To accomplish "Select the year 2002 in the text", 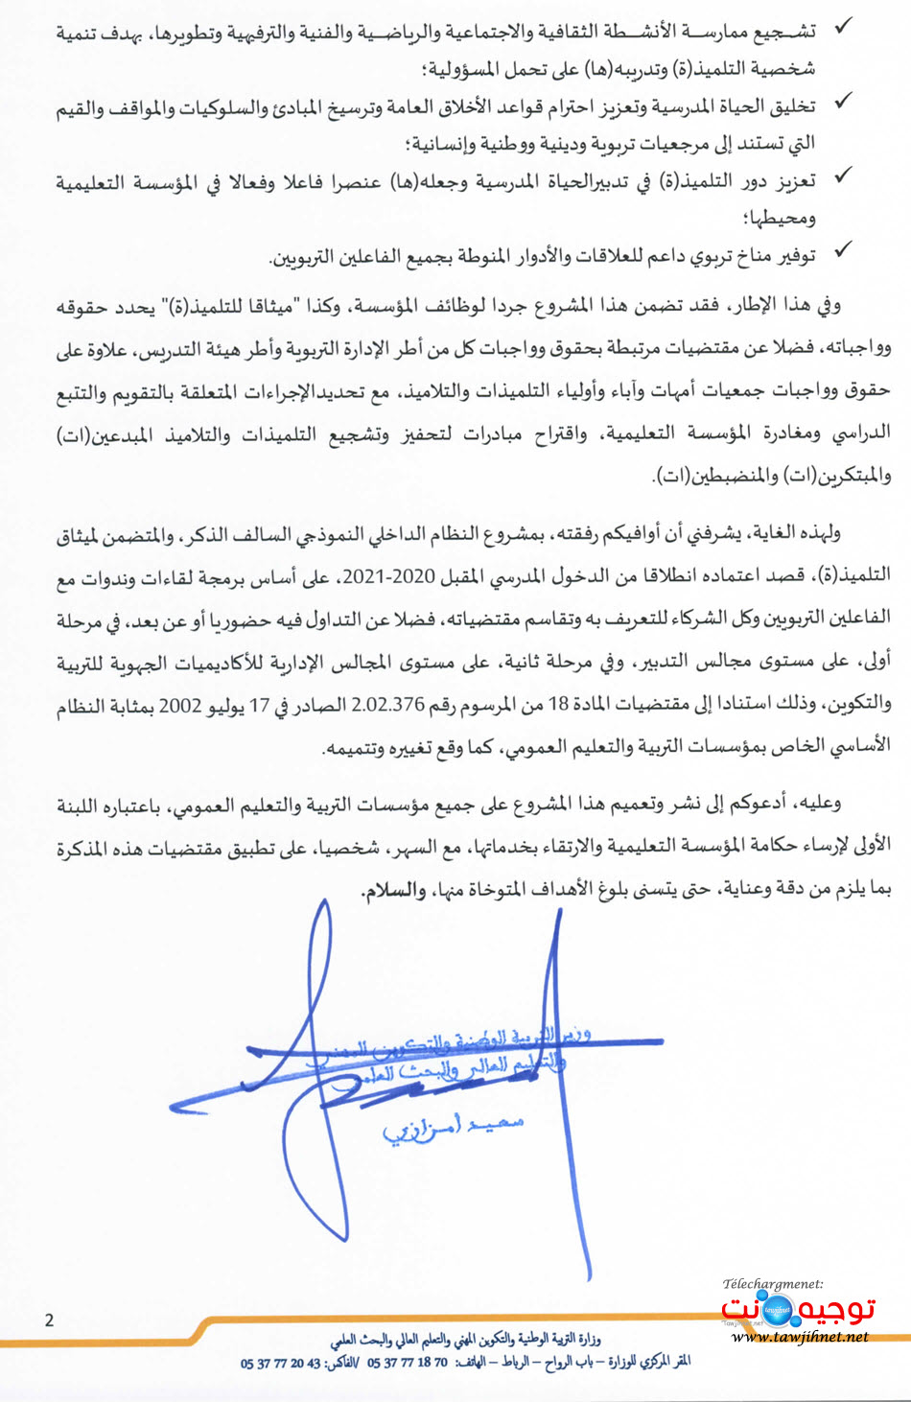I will (x=179, y=705).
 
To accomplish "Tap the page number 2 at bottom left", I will (x=49, y=1320).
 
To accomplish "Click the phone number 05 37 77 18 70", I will (x=407, y=1363).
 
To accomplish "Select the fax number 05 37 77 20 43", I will (x=280, y=1363).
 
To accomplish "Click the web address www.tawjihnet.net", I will (x=800, y=1336).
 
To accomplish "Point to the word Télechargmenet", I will (x=773, y=1283).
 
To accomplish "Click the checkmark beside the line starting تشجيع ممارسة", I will (x=842, y=27).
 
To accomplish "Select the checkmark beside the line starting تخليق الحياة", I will (x=842, y=101).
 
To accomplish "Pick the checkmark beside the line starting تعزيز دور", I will (x=842, y=175).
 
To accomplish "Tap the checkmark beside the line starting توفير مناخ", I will (x=842, y=250).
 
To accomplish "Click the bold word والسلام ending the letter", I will (x=393, y=891).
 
